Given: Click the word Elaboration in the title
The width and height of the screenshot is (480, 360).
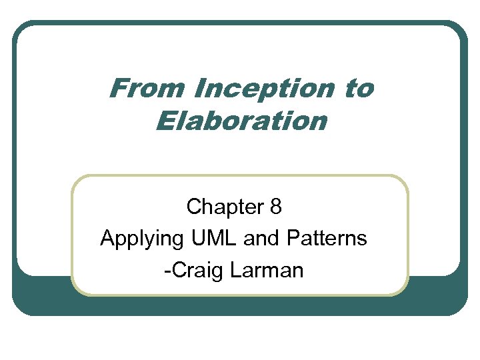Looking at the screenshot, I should pyautogui.click(x=241, y=121).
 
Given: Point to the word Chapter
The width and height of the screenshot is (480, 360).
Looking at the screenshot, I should pyautogui.click(x=225, y=207).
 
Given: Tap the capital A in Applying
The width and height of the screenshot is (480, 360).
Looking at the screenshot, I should pyautogui.click(x=107, y=238).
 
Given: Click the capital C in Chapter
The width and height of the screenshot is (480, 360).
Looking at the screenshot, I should pyautogui.click(x=193, y=207).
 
